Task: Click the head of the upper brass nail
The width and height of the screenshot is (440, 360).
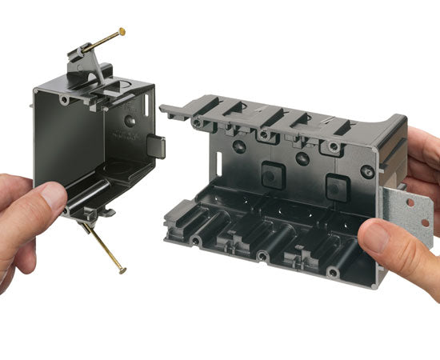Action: point(122,31)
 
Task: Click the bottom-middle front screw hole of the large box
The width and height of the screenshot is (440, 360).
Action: point(262,257)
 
